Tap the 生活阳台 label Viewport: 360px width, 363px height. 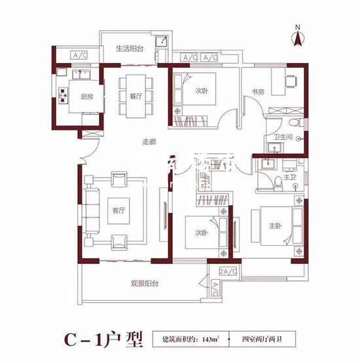(130, 48)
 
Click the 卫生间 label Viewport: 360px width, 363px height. (281, 137)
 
